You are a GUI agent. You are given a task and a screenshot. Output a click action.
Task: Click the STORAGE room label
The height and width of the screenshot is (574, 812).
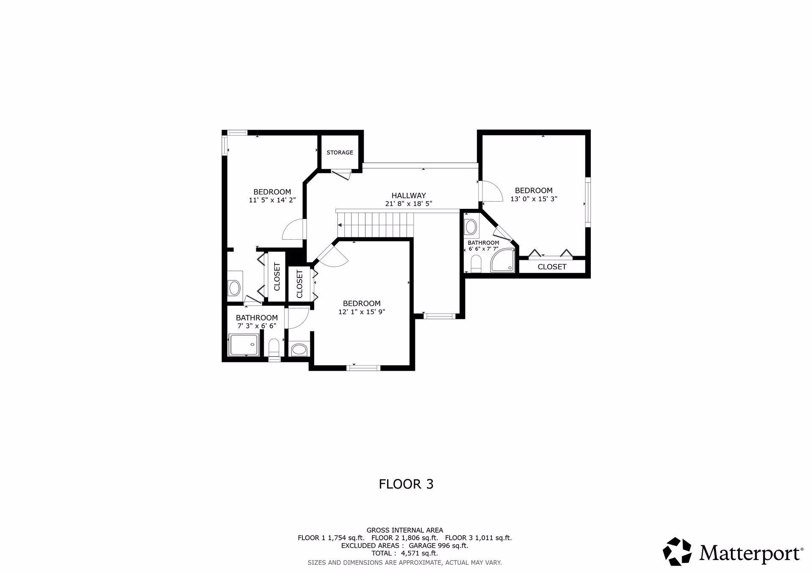[340, 153]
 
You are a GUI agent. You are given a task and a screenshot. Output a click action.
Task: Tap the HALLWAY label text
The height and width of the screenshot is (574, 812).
[409, 196]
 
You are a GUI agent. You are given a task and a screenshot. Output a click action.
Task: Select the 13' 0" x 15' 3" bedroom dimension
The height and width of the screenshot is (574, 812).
[534, 199]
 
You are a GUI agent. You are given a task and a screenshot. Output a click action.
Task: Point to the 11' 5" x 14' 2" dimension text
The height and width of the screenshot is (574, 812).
[272, 200]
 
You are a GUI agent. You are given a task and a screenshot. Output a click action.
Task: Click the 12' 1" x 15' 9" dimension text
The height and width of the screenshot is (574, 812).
[362, 312]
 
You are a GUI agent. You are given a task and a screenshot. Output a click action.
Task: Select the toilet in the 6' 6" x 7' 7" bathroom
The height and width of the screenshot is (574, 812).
[476, 264]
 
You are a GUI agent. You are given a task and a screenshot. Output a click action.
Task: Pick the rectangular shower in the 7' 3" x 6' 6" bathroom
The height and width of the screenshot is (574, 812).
[244, 345]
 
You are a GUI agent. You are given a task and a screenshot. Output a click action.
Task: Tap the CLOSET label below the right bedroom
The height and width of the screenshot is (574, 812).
[552, 267]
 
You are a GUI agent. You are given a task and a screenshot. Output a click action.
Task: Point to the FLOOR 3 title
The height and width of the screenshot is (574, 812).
[406, 484]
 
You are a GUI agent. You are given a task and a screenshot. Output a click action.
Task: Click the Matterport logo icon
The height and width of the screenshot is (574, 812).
[677, 551]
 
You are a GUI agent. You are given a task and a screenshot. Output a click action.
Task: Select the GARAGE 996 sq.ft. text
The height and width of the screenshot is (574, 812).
[438, 545]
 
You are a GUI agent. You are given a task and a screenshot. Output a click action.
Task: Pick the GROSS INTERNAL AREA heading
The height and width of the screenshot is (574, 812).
[405, 530]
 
